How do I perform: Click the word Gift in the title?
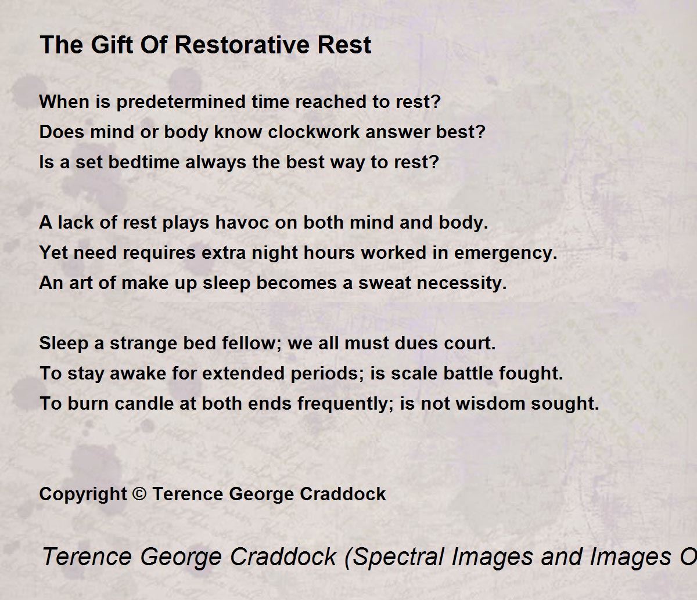112,45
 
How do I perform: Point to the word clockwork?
314,132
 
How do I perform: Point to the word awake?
138,373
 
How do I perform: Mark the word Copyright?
83,494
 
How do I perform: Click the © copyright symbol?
139,494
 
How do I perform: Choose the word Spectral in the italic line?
394,557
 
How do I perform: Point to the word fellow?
252,344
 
